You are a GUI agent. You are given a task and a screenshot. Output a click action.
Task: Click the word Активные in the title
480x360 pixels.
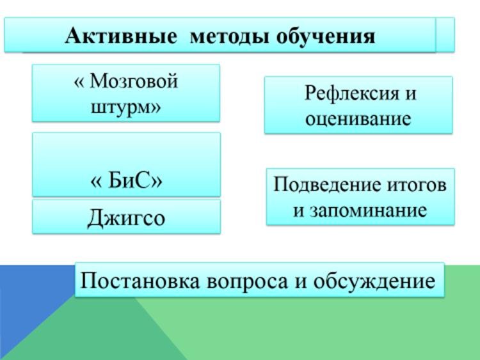point(121,36)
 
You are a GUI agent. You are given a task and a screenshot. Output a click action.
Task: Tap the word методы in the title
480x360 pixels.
point(230,36)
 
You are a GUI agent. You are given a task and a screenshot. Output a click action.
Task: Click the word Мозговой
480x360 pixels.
point(134,81)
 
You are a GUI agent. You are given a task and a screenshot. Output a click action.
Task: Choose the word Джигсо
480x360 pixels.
point(126,218)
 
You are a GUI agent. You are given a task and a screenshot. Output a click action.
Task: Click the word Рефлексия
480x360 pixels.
point(352,93)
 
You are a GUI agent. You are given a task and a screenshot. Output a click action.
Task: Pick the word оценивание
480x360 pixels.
point(358,119)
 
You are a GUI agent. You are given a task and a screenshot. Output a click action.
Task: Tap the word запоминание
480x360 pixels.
point(368,211)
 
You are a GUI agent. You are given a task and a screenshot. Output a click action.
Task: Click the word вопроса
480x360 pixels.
point(247,281)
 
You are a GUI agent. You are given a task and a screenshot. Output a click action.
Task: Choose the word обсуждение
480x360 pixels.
point(374,281)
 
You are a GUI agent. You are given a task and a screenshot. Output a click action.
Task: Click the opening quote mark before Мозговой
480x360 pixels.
point(79,82)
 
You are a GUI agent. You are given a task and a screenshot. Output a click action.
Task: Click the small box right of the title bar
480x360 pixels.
point(445,35)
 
